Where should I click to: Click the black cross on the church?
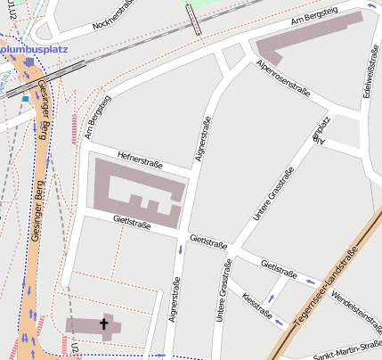pos(104,325)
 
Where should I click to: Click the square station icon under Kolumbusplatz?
pos(29,61)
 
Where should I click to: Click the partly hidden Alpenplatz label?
pos(319,129)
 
